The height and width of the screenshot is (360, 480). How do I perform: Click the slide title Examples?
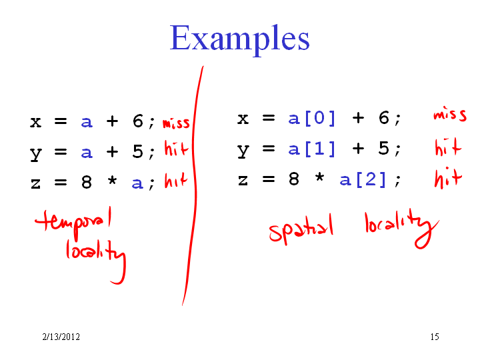(240, 38)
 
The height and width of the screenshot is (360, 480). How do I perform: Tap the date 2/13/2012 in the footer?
(61, 337)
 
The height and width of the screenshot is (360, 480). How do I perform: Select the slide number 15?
(435, 337)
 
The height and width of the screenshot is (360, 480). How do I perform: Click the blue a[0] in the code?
(311, 118)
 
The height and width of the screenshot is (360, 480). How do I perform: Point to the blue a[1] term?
(311, 149)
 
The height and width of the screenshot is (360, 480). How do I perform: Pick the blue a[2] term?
(363, 179)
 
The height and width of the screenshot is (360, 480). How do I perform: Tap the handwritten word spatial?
(301, 230)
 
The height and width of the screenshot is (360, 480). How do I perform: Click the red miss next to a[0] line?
(450, 115)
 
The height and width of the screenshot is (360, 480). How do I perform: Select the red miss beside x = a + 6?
(176, 123)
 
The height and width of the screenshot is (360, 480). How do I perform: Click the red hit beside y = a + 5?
(176, 148)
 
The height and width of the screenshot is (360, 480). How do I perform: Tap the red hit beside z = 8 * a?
(176, 180)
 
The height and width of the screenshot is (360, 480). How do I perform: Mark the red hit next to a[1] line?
(448, 147)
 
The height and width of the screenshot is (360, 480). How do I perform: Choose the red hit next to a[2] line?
(448, 177)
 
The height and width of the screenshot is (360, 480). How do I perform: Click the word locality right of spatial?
(402, 228)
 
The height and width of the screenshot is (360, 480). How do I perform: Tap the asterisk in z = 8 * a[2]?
(319, 177)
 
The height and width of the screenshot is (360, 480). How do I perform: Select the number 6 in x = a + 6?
(138, 121)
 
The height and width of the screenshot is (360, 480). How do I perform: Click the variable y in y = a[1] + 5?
(243, 151)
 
